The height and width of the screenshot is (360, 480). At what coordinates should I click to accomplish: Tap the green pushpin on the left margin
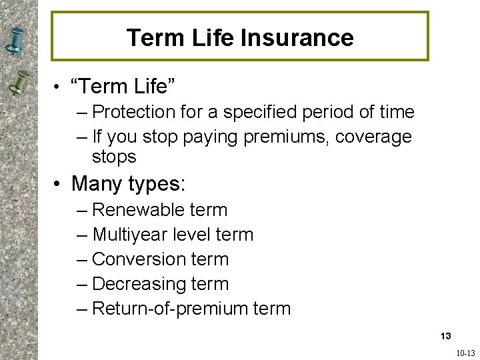[x=20, y=83]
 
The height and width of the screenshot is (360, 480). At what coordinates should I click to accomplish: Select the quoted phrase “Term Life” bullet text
[x=123, y=86]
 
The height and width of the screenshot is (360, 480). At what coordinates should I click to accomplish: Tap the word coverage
[x=374, y=137]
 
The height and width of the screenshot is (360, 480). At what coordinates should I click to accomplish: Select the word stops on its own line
[x=114, y=157]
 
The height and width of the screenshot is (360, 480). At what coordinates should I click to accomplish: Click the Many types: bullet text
[x=129, y=183]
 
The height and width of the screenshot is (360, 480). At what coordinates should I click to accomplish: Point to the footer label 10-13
[x=465, y=353]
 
